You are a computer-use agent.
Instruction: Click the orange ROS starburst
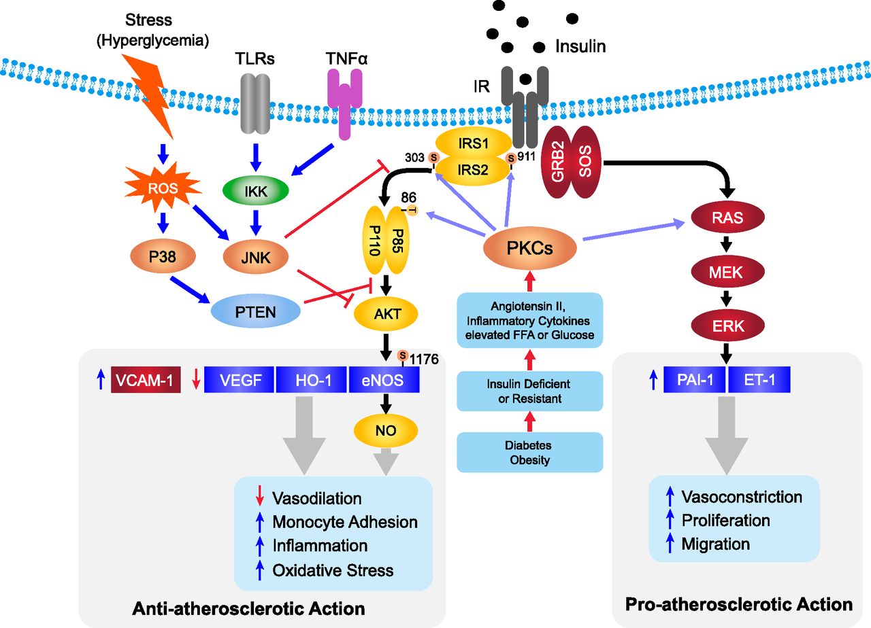click(163, 188)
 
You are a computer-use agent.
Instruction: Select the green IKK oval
click(255, 191)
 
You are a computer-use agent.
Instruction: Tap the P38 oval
click(163, 256)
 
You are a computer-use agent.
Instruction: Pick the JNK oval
click(255, 257)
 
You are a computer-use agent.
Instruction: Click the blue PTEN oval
click(255, 311)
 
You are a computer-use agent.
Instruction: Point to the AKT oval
click(386, 314)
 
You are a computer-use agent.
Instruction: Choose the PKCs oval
click(529, 248)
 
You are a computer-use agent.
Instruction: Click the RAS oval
click(727, 217)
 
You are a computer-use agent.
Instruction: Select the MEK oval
click(727, 271)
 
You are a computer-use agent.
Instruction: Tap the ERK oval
click(727, 326)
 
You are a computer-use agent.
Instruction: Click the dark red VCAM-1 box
click(146, 379)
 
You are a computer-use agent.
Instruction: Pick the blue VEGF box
click(239, 379)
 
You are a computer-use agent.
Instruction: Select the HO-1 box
click(312, 379)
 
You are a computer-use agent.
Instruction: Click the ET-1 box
click(759, 379)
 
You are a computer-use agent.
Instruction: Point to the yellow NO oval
click(386, 430)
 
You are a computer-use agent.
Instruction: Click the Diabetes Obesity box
click(529, 453)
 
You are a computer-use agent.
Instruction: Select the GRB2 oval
click(557, 162)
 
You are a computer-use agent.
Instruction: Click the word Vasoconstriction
click(742, 497)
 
